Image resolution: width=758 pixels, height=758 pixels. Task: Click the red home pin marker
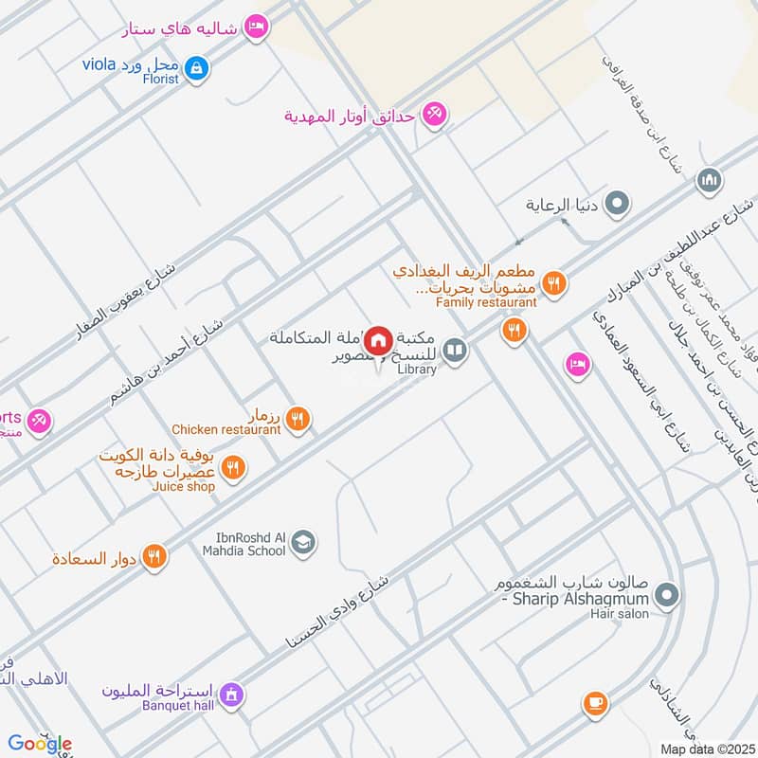[x=379, y=339]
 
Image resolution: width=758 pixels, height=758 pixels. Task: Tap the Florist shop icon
[x=197, y=67]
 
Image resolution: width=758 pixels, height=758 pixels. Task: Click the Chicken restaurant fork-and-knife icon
[x=298, y=417]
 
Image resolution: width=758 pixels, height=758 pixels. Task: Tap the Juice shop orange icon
[x=233, y=467]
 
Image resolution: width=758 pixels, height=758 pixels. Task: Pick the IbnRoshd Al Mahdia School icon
[x=303, y=542]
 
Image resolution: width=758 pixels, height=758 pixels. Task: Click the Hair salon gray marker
[x=667, y=596]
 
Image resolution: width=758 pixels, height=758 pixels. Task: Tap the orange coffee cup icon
[x=594, y=702]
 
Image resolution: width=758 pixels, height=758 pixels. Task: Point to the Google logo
[x=40, y=743]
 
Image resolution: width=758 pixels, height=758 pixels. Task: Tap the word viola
[x=99, y=64]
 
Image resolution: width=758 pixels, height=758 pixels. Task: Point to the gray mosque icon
[x=710, y=180]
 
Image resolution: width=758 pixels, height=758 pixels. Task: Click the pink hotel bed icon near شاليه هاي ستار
[x=255, y=27]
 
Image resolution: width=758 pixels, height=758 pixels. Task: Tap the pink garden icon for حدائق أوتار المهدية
[x=435, y=115]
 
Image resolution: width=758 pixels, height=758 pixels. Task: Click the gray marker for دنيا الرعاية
[x=617, y=203]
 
